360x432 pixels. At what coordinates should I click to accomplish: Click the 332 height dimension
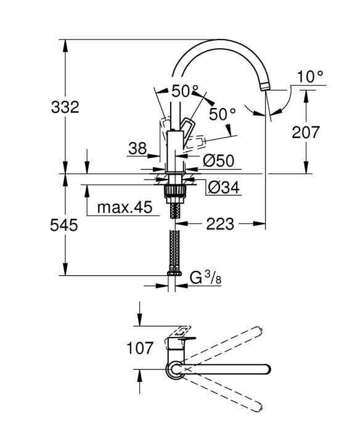pos(65,107)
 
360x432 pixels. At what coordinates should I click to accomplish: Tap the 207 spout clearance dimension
pos(306,131)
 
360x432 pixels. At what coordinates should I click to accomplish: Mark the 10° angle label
pos(310,77)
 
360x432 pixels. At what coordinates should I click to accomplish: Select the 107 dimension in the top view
pos(141,348)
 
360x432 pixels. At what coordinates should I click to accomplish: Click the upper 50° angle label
pos(185,92)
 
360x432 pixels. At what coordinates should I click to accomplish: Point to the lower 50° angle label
pos(223,114)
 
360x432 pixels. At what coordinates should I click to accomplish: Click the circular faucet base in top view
pos(174,369)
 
